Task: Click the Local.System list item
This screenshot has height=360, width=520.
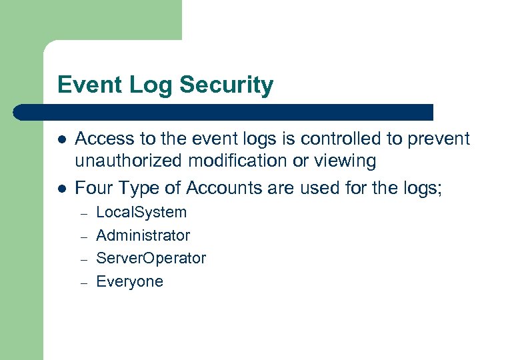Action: (x=141, y=213)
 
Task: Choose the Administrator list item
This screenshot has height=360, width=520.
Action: (x=143, y=235)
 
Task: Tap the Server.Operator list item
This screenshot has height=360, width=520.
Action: (x=151, y=258)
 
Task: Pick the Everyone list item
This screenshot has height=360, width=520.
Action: (x=129, y=281)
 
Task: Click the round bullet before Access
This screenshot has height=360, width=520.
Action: (x=61, y=139)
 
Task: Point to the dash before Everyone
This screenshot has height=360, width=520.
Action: (x=84, y=282)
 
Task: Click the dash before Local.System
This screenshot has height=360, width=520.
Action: (x=84, y=213)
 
